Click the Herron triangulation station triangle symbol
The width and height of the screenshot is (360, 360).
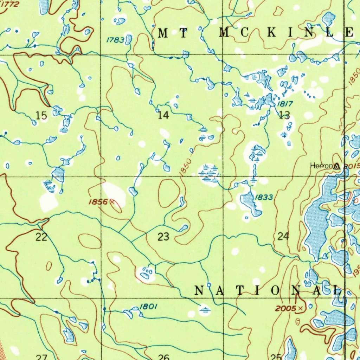coord(337,166)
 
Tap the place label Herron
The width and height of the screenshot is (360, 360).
coord(321,166)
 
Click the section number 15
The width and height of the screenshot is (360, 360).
coord(41,115)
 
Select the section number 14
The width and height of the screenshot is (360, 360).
coord(163,115)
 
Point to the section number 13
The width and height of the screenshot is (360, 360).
coord(284,115)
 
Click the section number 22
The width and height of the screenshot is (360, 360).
coord(41,237)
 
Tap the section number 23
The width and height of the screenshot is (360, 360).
coord(163,237)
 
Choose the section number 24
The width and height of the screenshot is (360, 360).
coord(283,237)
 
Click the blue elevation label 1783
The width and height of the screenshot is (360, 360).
coord(115,40)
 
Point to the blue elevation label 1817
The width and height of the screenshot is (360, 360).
coord(285,104)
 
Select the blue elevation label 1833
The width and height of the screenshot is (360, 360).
coord(263,197)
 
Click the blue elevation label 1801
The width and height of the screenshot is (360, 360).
coord(148,307)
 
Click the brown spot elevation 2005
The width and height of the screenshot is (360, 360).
coord(286,308)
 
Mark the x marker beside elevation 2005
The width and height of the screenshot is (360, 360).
coord(300,308)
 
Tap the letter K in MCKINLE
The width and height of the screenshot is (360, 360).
coord(270,33)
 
